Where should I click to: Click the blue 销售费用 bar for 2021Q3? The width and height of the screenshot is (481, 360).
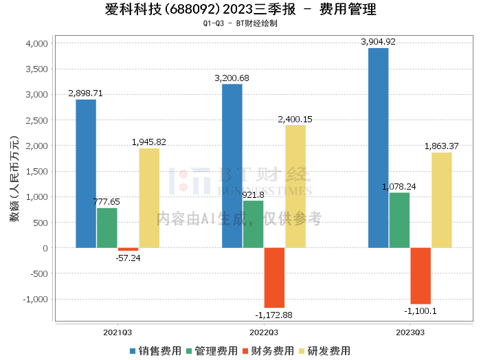[x=86, y=174]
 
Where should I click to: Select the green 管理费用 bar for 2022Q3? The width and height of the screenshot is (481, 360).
[x=253, y=224]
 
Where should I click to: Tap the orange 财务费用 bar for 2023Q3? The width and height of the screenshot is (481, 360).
[x=421, y=275]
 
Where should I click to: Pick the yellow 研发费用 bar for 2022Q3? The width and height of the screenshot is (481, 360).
[x=295, y=186]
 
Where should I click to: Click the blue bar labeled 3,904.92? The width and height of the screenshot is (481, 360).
[x=378, y=148]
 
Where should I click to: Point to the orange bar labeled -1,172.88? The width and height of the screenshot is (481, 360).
[x=274, y=278]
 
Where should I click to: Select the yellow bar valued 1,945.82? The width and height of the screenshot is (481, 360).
[x=149, y=198]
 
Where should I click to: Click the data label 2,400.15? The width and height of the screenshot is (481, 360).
[x=295, y=120]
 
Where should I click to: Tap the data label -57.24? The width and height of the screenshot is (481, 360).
[x=128, y=258]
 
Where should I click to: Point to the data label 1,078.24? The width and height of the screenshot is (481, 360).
[x=399, y=186]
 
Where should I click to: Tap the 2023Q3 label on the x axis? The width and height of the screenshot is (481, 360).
[x=410, y=332]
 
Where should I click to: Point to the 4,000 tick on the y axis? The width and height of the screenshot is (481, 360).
[x=36, y=43]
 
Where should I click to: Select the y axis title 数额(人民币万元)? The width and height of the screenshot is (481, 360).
[x=14, y=180]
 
